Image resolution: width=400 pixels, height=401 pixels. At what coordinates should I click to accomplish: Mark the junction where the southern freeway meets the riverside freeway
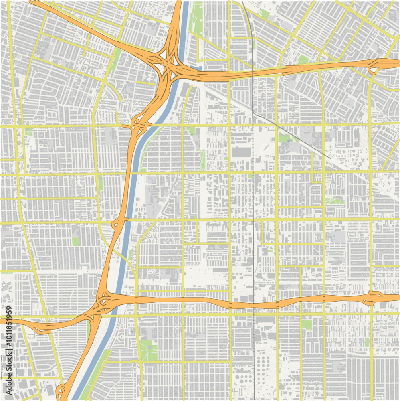click(104, 301)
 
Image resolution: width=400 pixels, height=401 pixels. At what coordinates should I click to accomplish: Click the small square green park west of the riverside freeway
click(76, 241)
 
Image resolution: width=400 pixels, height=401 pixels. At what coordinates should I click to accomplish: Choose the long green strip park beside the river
click(196, 18)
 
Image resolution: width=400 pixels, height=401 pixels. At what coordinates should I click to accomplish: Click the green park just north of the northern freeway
click(303, 60)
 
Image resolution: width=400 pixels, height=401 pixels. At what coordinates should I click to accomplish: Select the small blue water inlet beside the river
click(195, 68)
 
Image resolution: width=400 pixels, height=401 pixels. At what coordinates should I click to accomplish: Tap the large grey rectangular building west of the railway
click(241, 152)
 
